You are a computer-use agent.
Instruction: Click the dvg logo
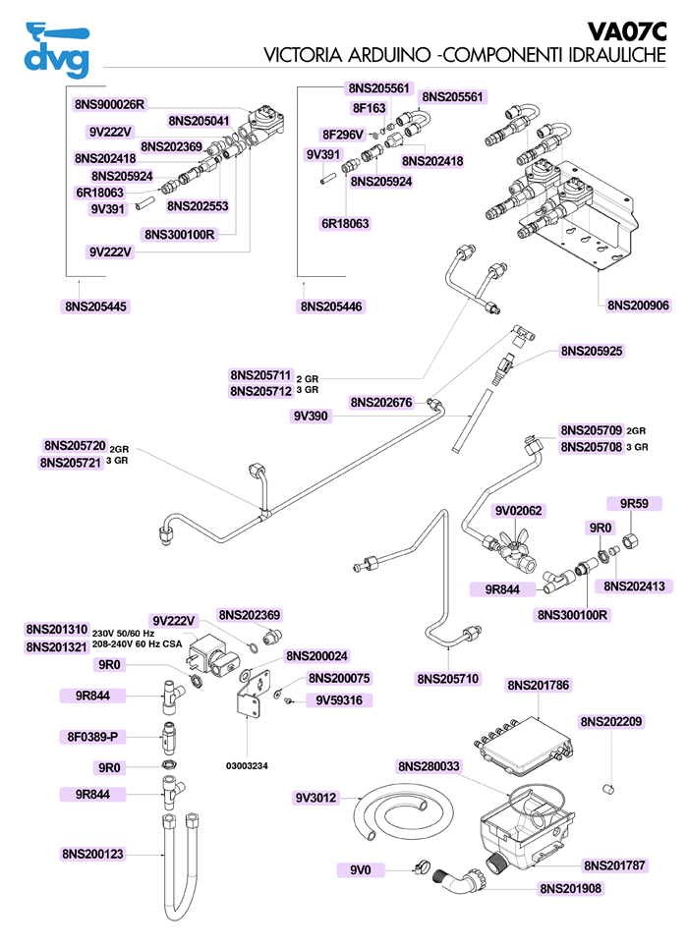click(56, 49)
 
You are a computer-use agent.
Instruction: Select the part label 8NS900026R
click(109, 103)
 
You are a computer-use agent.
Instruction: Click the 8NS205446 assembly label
click(331, 307)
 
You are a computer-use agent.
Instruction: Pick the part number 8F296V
click(343, 134)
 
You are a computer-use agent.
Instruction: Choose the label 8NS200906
click(638, 306)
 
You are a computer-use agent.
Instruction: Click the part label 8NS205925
click(592, 351)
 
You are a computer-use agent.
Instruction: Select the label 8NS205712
click(260, 391)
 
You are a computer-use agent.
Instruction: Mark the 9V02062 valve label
click(519, 511)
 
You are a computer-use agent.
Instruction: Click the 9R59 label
click(634, 504)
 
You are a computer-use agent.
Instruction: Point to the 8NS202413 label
click(634, 586)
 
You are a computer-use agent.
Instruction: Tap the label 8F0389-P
click(93, 735)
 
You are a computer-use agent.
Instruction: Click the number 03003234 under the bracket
click(248, 764)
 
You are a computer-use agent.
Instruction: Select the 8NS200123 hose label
click(93, 855)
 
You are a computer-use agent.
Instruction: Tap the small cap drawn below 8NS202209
click(608, 788)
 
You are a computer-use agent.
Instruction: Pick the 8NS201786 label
click(539, 685)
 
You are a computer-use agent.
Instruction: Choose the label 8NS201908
click(570, 889)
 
